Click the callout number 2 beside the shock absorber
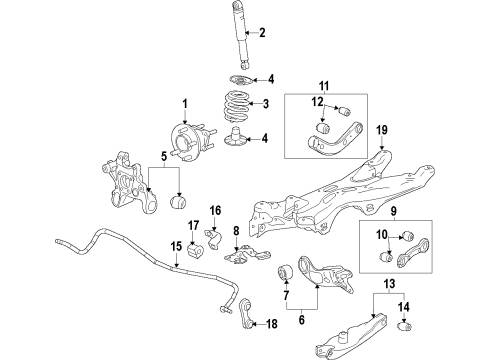[261, 34]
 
